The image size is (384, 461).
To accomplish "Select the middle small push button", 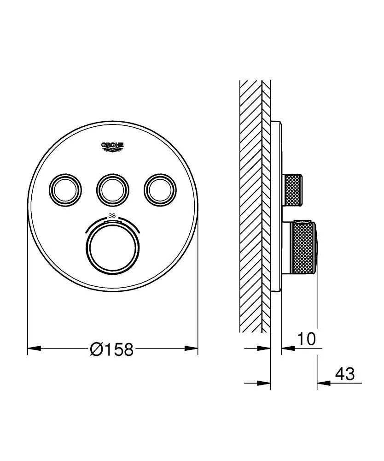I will click(112, 188).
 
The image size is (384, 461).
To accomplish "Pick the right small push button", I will click(160, 188).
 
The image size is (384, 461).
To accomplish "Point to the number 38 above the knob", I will click(112, 215).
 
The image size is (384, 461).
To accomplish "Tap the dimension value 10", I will click(306, 339).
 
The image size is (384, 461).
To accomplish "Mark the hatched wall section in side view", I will click(250, 207).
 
